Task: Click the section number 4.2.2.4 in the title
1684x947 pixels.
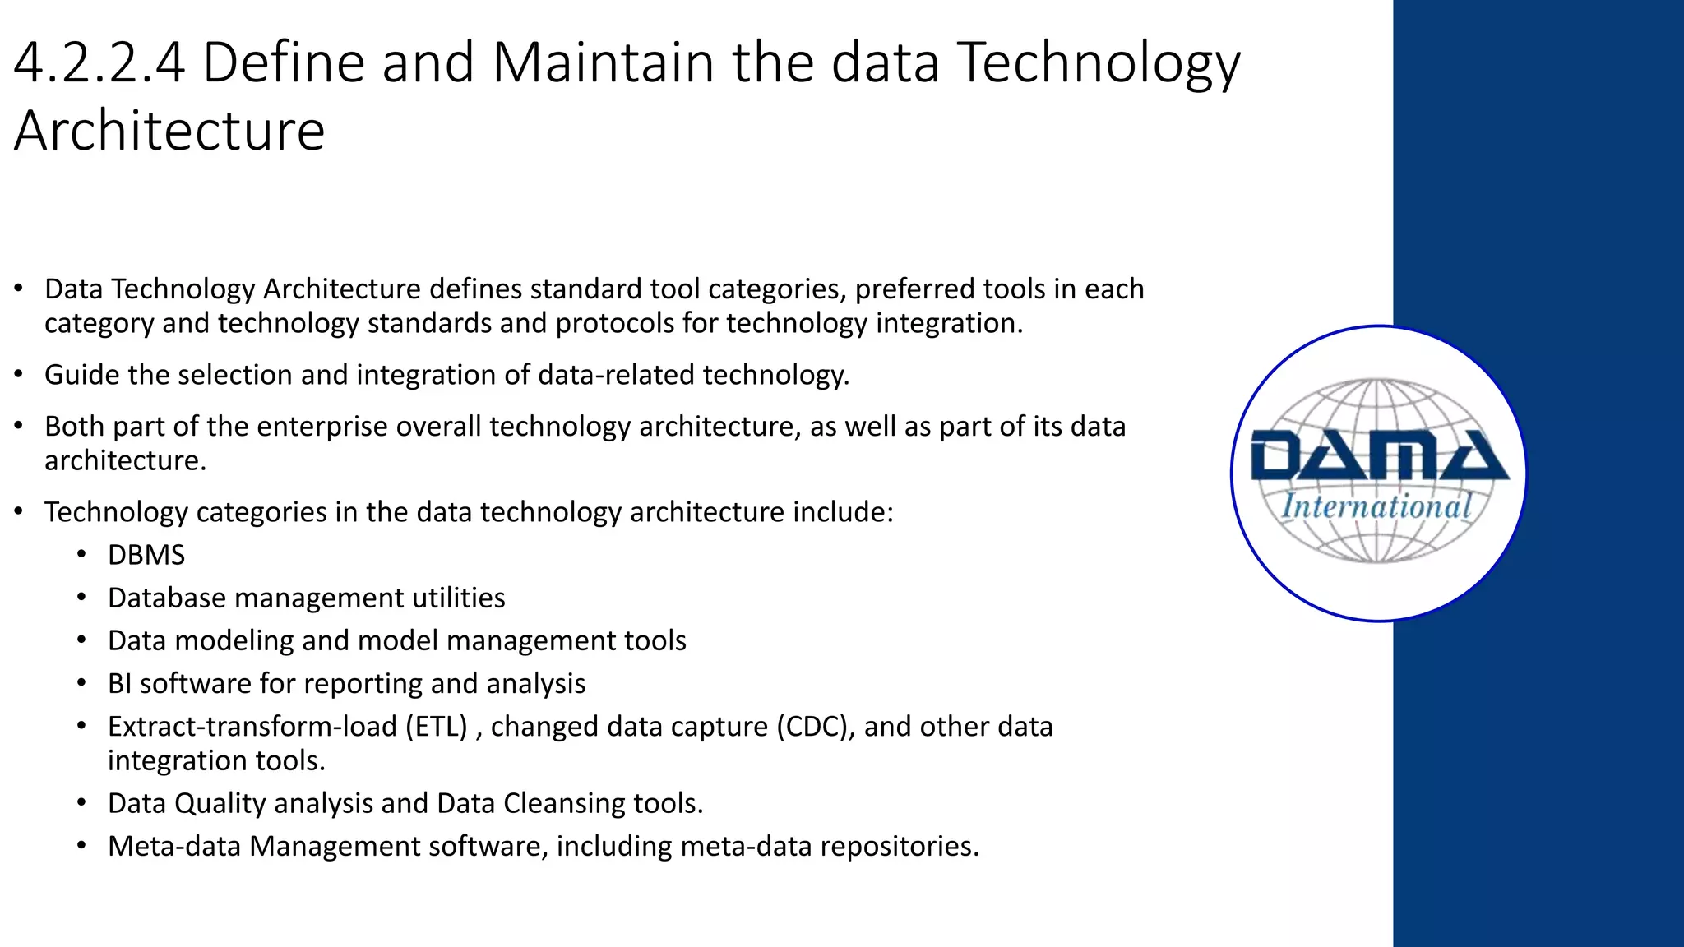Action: (x=99, y=63)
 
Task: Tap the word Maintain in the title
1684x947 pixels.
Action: (x=604, y=63)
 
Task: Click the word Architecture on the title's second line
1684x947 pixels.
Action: (x=169, y=132)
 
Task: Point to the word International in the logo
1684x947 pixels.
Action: (x=1376, y=506)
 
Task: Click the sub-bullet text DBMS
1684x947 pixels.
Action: (x=146, y=556)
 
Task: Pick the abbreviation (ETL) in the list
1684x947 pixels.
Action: (x=436, y=728)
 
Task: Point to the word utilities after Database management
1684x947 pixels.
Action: (x=458, y=598)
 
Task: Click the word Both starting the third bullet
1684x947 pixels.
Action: (x=74, y=427)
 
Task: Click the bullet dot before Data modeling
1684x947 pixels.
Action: (x=81, y=640)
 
